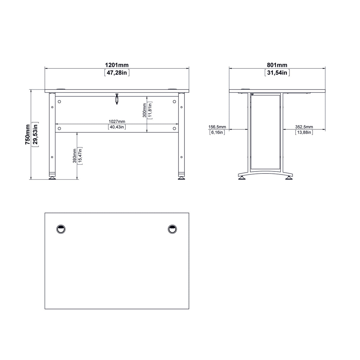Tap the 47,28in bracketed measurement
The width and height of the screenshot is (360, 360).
click(x=117, y=73)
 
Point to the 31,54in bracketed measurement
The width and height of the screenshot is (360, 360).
click(x=277, y=73)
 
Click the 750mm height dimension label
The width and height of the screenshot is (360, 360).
click(x=27, y=135)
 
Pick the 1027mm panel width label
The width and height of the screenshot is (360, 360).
click(x=117, y=121)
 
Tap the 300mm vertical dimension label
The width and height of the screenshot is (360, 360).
click(x=144, y=110)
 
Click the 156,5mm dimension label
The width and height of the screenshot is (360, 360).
click(x=217, y=127)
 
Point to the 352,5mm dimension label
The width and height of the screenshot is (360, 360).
click(x=304, y=127)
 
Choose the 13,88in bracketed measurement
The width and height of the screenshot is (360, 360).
click(x=304, y=133)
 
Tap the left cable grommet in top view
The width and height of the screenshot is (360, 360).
click(x=60, y=229)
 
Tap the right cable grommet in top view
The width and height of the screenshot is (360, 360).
click(x=172, y=229)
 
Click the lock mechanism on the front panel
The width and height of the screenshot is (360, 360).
click(x=117, y=99)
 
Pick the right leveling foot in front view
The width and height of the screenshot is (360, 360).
click(x=181, y=178)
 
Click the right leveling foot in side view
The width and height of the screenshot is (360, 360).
click(x=288, y=178)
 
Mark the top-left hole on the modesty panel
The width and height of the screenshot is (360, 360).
click(x=59, y=102)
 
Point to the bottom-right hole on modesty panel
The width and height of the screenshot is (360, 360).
click(x=174, y=128)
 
